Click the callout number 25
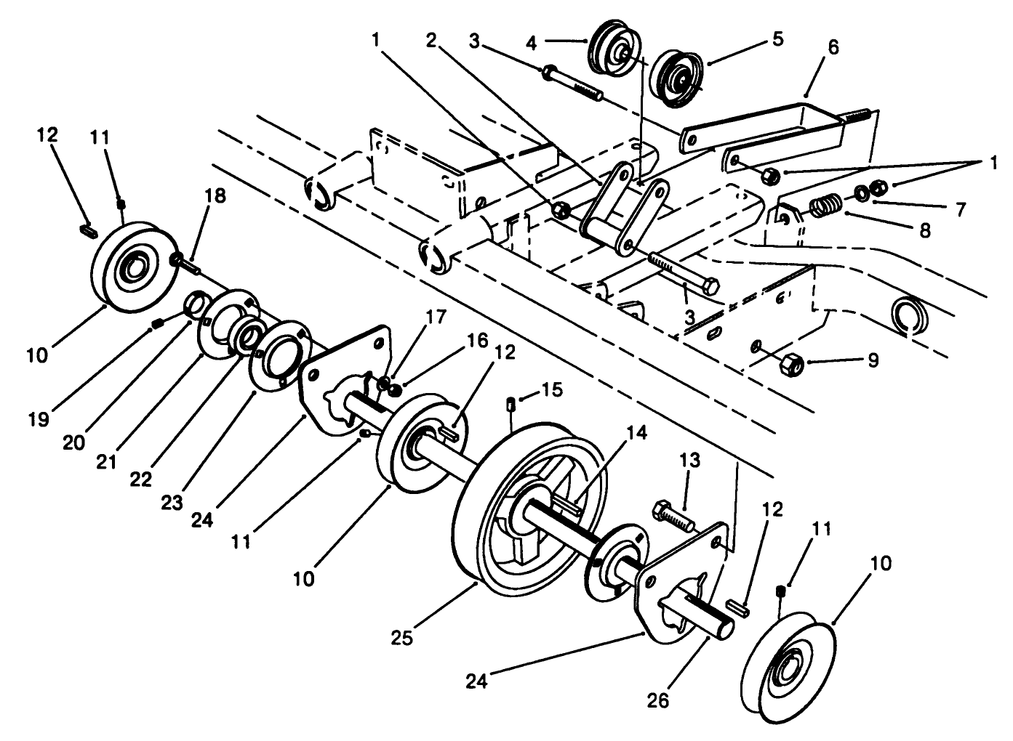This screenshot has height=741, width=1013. coord(402,638)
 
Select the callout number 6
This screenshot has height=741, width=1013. coord(833,47)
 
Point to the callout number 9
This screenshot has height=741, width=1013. coord(873,359)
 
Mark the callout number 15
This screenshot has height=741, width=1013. coord(552,390)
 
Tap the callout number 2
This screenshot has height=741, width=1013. coord(431,40)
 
